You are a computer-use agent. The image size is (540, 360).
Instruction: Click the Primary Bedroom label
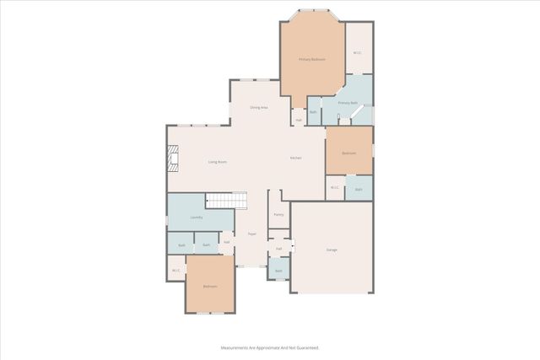pos(311,59)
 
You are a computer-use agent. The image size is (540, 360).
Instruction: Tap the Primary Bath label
pos(348,103)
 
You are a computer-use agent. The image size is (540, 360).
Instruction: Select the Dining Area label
pos(259,108)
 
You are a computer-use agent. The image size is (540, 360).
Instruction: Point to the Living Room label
pos(218,162)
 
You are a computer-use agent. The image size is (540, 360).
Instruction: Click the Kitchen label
pos(296,159)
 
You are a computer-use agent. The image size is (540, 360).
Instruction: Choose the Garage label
pos(332,250)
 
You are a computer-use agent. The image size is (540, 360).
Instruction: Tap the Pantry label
pos(278,215)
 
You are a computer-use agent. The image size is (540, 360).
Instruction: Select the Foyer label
pos(251,234)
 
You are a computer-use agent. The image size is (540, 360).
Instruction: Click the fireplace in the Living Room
pos(173,159)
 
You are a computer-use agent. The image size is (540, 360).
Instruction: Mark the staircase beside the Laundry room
pos(227,201)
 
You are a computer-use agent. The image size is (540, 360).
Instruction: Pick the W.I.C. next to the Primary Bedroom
pos(358,53)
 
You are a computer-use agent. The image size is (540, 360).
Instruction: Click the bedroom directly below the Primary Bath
pos(348,153)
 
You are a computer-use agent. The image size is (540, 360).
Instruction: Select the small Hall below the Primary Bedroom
pos(299,121)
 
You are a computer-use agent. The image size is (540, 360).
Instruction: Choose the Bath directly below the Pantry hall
pos(278,271)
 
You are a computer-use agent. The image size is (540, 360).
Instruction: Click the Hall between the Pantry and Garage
pos(278,249)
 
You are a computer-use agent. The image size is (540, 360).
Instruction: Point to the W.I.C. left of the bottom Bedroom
pos(175,271)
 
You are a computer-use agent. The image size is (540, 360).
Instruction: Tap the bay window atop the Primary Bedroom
pos(311,11)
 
